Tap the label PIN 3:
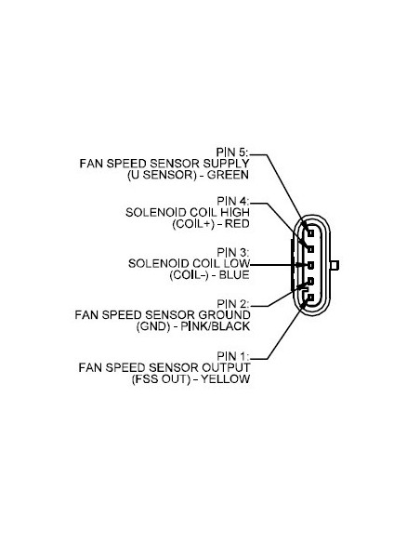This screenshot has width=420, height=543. [x=232, y=252]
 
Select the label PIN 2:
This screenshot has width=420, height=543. [x=232, y=303]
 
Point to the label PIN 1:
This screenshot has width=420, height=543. [x=232, y=355]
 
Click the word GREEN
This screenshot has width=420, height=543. [x=230, y=174]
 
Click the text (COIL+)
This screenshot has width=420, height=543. [x=191, y=224]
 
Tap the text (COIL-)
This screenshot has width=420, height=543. [x=188, y=274]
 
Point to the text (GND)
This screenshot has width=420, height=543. [x=151, y=326]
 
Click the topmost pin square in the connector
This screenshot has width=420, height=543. [x=312, y=233]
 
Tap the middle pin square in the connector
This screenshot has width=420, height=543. [x=312, y=265]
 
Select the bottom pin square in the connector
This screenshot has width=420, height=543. [x=312, y=297]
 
